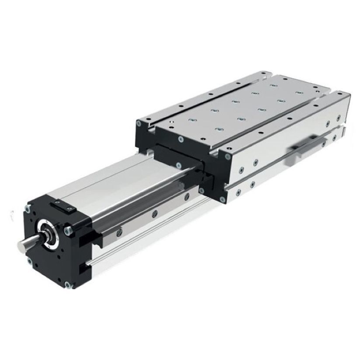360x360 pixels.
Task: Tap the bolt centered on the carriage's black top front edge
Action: [180, 139]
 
